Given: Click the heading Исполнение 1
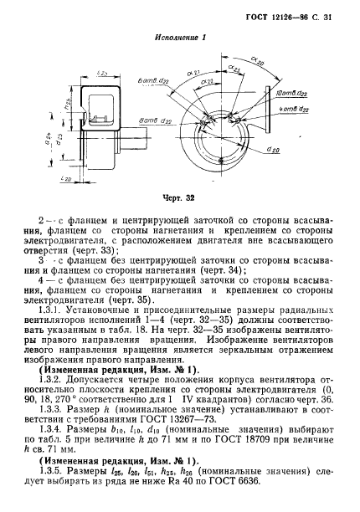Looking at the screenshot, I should pyautogui.click(x=181, y=38).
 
